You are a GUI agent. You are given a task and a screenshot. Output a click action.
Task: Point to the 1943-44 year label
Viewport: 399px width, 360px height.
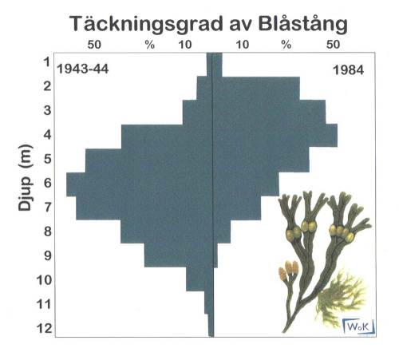pos(82,70)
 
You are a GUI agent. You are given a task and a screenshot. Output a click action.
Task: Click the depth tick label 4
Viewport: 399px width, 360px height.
pos(47,134)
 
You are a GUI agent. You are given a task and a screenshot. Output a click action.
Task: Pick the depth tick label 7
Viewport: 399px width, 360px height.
pos(47,207)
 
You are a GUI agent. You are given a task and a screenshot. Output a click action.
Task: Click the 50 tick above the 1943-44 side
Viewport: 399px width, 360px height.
pos(93,44)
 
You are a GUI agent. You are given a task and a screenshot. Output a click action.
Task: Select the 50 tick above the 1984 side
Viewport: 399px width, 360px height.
pos(334,44)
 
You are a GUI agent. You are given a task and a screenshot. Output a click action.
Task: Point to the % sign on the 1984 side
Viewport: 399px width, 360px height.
pos(286,44)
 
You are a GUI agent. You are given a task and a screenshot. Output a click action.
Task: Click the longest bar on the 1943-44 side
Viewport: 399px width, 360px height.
pos(136,184)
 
